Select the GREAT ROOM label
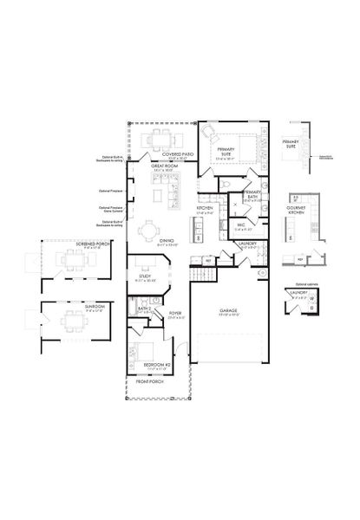tap(164, 166)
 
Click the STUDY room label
tap(145, 276)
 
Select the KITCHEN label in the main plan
tap(205, 208)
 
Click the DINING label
tap(167, 240)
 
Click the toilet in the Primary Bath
tap(226, 188)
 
